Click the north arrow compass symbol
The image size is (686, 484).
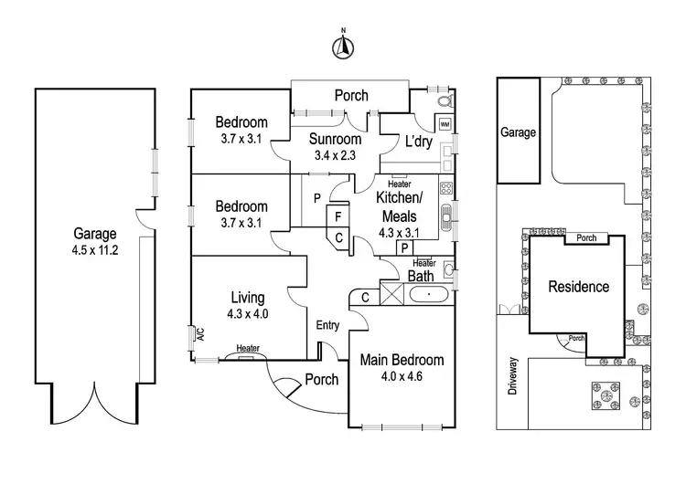point(342,46)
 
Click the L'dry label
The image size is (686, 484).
point(418,142)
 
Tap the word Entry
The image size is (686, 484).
point(327,326)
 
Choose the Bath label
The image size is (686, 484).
point(421,276)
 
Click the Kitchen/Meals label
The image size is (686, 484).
point(401,208)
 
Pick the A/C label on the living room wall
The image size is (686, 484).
point(199,335)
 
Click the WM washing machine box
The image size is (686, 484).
point(445,123)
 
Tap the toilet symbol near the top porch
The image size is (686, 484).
point(443,100)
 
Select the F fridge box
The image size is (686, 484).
point(338,217)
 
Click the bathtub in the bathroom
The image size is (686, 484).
point(428,295)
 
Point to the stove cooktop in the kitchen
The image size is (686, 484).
point(446,189)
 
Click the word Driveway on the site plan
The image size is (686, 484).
point(512,374)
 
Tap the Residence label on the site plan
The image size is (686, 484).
point(578,287)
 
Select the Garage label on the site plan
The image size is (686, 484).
point(517,132)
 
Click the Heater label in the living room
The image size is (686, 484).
point(247,348)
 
